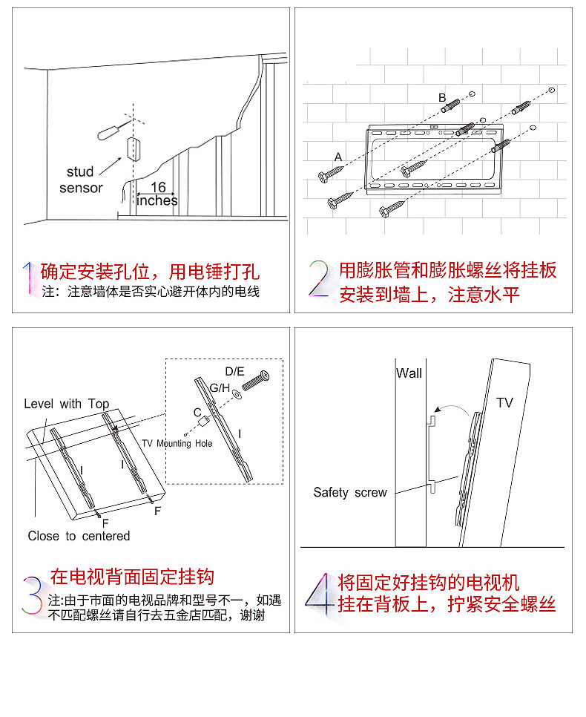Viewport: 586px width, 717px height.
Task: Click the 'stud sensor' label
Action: point(81,180)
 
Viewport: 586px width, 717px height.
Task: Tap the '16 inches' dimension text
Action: point(157,194)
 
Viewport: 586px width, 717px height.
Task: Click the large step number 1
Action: point(29,278)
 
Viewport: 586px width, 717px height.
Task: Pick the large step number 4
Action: point(319,592)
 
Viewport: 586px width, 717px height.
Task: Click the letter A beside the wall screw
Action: point(338,157)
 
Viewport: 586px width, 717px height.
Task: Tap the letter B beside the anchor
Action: point(441,98)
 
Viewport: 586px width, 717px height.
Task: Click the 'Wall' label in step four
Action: point(409,373)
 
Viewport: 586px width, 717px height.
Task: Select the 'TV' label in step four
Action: point(504,402)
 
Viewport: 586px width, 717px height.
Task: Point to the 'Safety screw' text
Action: point(350,492)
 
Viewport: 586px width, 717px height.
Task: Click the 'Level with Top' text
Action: point(67,404)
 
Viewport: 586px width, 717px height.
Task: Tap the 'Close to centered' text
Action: point(79,536)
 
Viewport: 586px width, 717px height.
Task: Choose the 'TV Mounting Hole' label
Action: point(177,443)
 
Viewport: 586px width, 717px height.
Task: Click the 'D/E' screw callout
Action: point(234,370)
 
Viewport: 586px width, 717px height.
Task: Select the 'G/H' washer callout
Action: point(220,387)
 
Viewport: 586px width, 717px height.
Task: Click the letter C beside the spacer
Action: point(197,411)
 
